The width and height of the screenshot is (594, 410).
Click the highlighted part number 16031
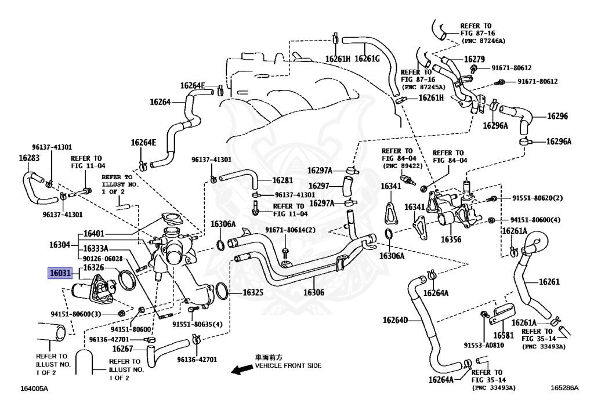[x=60, y=273]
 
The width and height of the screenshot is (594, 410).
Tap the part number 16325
[x=253, y=293]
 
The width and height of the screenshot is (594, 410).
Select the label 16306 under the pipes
[x=314, y=292]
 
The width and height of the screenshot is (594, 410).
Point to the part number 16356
[x=451, y=240]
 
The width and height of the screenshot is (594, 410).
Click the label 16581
[x=503, y=335]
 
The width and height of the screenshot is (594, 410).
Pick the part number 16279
[x=475, y=59]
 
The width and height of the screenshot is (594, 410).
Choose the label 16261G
[x=367, y=59]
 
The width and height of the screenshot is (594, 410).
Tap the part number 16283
[x=29, y=158]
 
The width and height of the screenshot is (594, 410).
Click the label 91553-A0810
[x=484, y=345]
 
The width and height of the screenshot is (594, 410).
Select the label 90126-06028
[x=103, y=259]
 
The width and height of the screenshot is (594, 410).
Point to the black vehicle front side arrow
[x=242, y=369]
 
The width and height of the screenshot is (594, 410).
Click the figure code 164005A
[x=34, y=389]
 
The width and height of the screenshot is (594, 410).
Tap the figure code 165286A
[x=564, y=387]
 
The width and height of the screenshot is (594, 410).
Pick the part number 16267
[x=123, y=349]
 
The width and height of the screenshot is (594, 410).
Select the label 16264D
[x=395, y=320]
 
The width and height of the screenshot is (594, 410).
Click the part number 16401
[x=93, y=234]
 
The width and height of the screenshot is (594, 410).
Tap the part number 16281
[x=282, y=180]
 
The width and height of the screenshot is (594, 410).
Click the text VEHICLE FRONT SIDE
[x=288, y=366]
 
